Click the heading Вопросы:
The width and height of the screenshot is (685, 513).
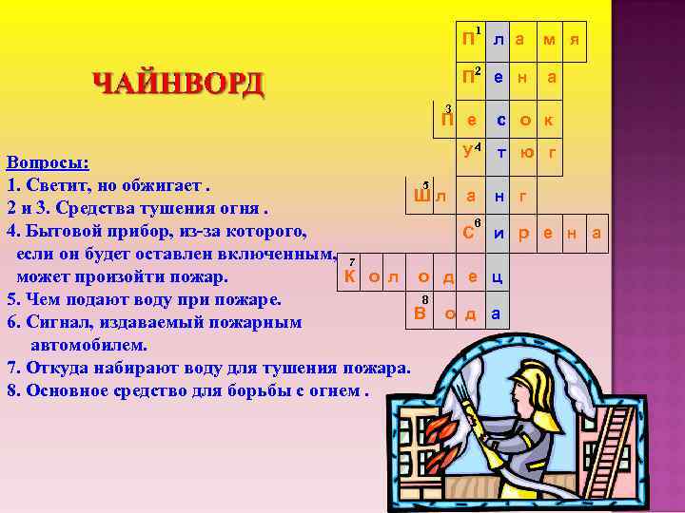(x=49, y=161)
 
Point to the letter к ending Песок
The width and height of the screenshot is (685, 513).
(x=549, y=121)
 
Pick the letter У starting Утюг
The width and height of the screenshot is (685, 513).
(x=466, y=151)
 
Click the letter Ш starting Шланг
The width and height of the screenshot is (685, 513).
(x=422, y=196)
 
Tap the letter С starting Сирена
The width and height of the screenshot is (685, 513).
(x=468, y=232)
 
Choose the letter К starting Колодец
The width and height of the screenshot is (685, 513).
(x=349, y=277)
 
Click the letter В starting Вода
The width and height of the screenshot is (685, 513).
(x=420, y=313)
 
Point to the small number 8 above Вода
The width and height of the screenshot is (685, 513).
(x=424, y=298)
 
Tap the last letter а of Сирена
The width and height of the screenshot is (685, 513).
(x=596, y=233)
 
